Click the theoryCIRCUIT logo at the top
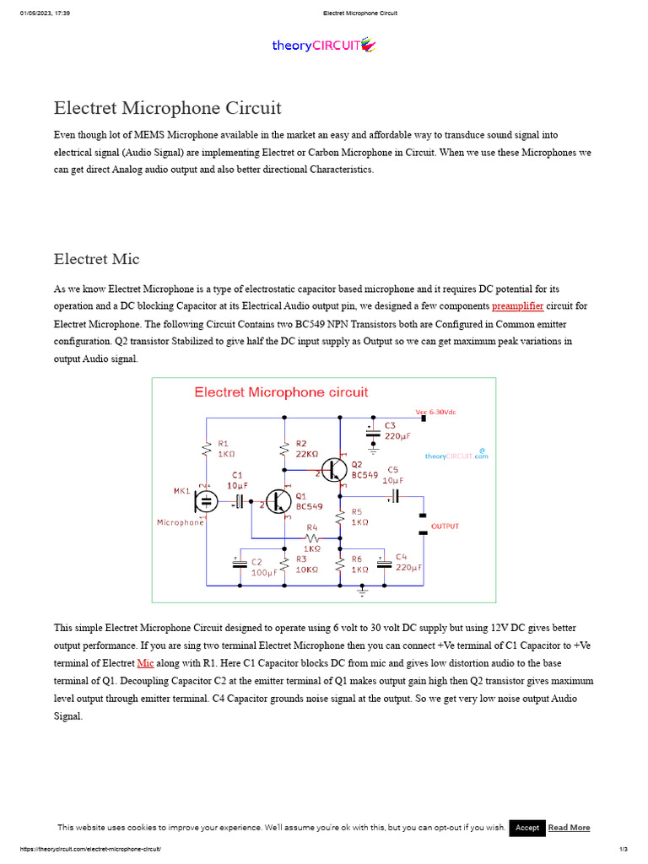coord(323,46)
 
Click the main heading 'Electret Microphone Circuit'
coord(167,108)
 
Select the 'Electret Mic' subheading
coord(96,259)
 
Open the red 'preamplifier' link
coord(517,305)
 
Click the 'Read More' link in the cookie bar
coord(569,828)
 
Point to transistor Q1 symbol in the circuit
coord(278,501)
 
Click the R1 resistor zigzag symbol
coord(205,450)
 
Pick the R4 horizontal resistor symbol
coord(312,537)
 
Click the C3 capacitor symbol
coord(373,432)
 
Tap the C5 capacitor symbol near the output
coord(393,496)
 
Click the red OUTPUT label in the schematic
coord(445,526)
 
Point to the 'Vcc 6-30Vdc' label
coord(440,412)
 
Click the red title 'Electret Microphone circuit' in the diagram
coord(281,392)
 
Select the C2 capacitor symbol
coord(240,563)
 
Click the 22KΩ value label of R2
coord(306,454)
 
